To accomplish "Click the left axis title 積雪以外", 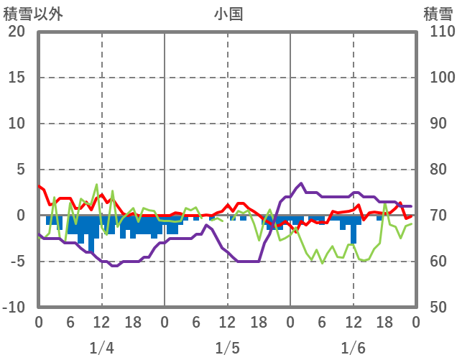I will coord(27,13).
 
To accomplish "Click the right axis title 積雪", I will coord(437,13).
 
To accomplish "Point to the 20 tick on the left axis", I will coord(17,32).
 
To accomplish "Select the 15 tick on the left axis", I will coord(17,78).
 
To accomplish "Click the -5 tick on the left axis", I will coord(17,262).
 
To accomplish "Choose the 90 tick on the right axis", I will coord(438,124).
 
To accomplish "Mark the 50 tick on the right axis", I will coord(438,308).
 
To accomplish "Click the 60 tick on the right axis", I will coord(438,262).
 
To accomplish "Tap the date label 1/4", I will coord(101,348).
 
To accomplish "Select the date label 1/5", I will coord(227,348).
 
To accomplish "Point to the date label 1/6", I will coord(353,348).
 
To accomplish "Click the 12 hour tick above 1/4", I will coord(101,323).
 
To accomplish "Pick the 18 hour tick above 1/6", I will coord(384,323).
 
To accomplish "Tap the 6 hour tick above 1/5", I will coord(196,323).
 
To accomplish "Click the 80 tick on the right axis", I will coord(438,170).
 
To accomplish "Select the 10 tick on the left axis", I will coord(17,124).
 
